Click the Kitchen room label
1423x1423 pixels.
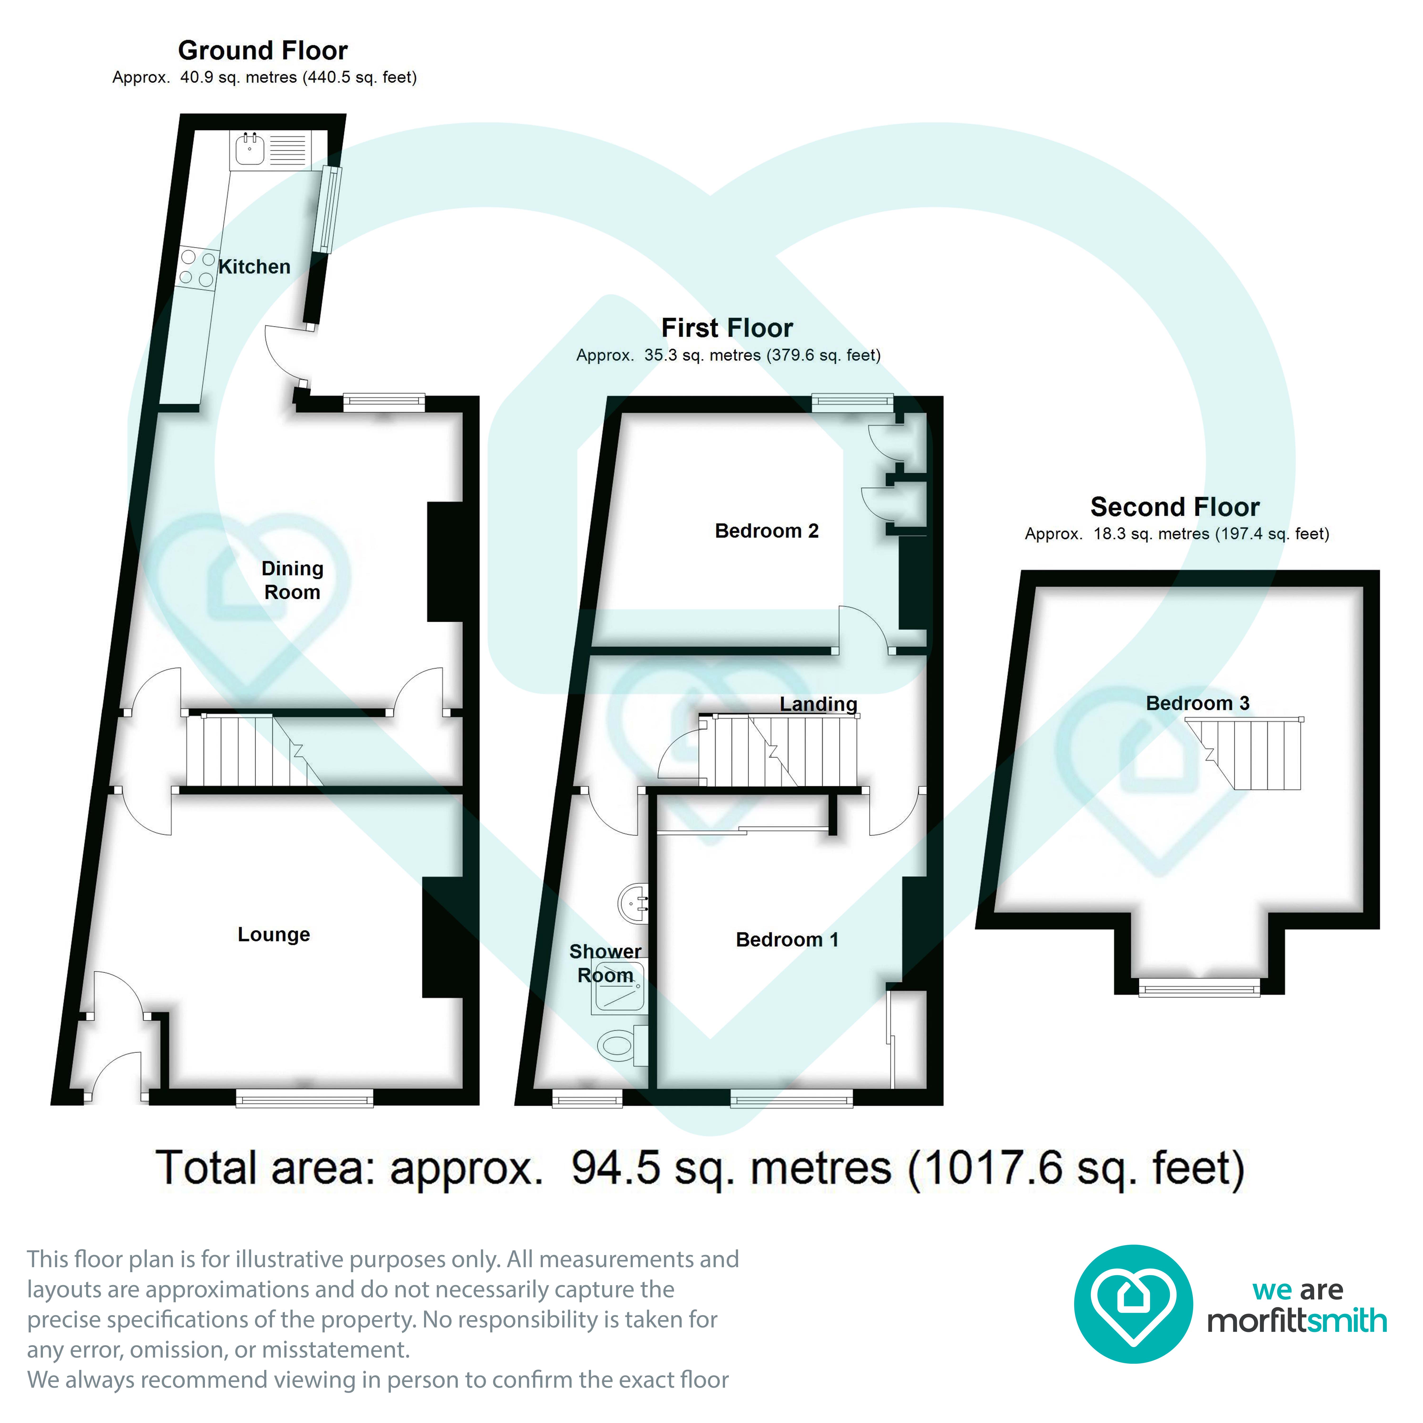point(254,267)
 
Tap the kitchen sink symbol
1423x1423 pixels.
point(250,149)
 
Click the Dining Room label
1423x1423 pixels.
point(292,580)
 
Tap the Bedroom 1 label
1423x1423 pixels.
point(787,940)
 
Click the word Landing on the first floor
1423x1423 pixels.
point(818,704)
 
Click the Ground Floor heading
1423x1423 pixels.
point(263,51)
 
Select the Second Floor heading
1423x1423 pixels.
point(1175,508)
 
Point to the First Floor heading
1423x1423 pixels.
point(727,328)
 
